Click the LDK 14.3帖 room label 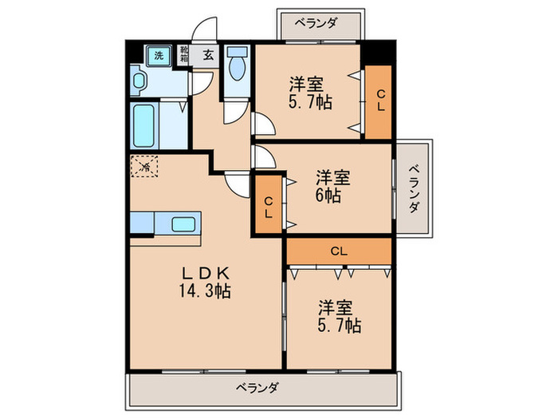205,281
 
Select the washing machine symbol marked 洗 158,55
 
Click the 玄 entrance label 207,55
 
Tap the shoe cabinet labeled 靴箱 183,55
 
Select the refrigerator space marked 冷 145,168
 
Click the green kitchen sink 185,224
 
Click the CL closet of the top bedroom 379,100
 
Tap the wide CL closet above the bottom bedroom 339,251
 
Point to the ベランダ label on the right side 415,189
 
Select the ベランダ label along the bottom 257,389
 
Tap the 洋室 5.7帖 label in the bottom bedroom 340,315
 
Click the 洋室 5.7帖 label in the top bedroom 310,93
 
